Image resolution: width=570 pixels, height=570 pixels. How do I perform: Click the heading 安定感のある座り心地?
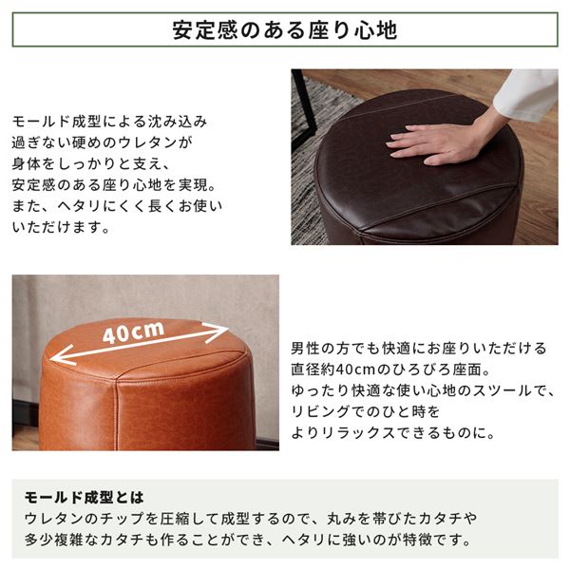[285, 29]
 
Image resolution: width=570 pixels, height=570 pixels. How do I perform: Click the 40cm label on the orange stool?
[133, 332]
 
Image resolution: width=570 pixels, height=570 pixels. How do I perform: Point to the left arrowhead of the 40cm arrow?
[63, 356]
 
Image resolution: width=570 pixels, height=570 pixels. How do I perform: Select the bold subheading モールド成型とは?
[84, 497]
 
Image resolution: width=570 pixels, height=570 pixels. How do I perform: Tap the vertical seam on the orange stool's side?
[117, 414]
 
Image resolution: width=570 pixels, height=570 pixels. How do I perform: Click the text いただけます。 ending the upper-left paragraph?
[61, 227]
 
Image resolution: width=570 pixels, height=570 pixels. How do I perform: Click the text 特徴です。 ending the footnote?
[437, 540]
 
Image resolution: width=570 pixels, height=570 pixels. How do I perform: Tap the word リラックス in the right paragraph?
[359, 432]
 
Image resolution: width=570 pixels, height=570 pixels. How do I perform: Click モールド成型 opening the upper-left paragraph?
[56, 121]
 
